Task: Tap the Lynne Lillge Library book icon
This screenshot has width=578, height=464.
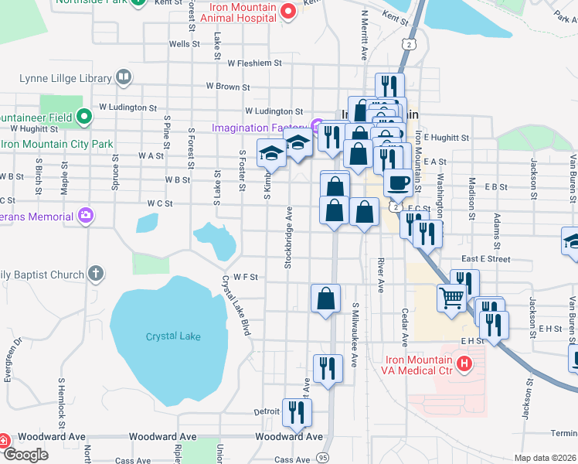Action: coord(123,77)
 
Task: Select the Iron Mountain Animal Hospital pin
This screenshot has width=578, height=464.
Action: coord(288,11)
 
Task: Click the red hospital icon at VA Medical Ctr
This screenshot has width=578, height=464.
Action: coord(464,362)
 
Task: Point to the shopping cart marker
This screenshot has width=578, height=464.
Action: coord(451,297)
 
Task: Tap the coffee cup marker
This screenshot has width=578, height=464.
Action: coord(398,183)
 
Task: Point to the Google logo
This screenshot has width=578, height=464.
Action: coord(25,455)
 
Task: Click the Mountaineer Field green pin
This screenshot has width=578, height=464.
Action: coord(84,118)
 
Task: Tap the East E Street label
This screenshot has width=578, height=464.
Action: coord(486,259)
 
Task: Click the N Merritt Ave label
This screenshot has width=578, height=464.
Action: coord(364,35)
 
